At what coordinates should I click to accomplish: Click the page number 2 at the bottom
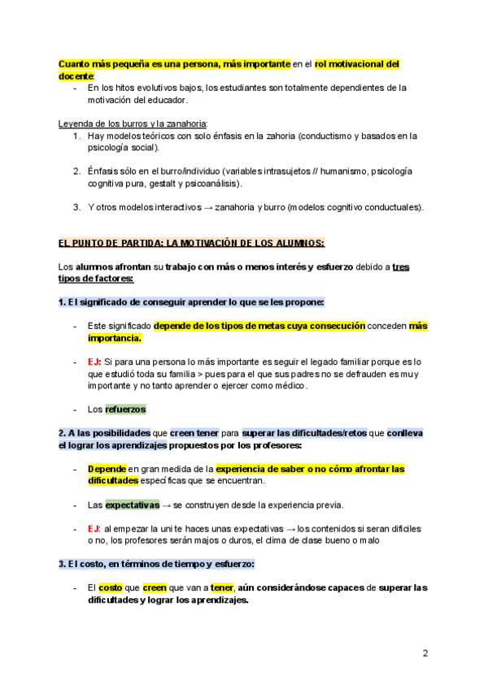(425, 652)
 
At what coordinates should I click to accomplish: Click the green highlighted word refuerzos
(125, 409)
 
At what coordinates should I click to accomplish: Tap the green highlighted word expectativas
(132, 505)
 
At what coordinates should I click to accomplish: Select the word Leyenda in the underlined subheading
(77, 123)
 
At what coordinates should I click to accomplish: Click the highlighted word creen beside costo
(154, 587)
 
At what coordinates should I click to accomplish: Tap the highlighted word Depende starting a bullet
(107, 469)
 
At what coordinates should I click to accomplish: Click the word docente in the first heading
(76, 76)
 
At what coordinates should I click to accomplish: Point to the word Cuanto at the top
(74, 63)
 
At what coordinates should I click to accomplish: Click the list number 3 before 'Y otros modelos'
(76, 207)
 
